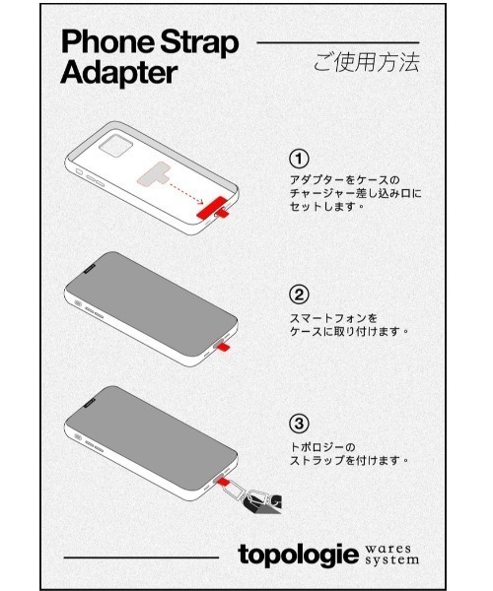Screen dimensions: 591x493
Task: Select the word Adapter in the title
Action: [x=118, y=72]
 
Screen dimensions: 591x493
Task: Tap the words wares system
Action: [x=390, y=555]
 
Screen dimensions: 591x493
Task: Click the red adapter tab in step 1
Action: [x=213, y=209]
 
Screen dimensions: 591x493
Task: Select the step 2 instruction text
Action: [x=348, y=324]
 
